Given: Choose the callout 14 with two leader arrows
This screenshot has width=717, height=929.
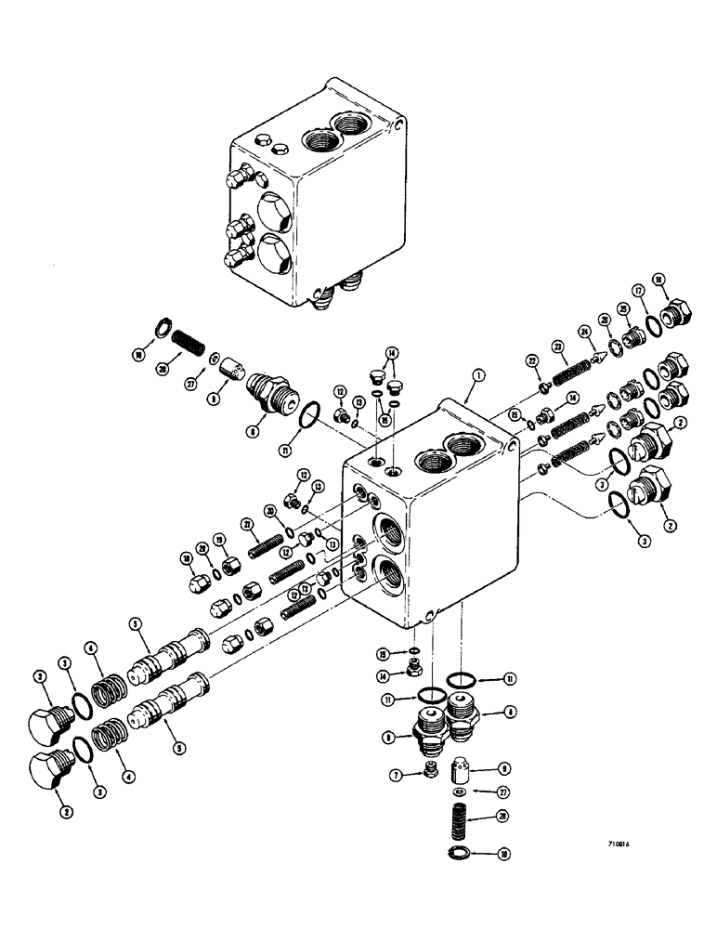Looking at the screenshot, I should (x=391, y=353).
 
